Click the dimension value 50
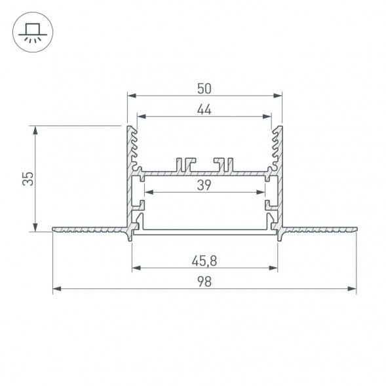click(204, 87)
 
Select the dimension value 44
click(204, 110)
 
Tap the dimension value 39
click(204, 185)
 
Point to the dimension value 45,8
click(204, 260)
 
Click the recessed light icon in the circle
click(31, 31)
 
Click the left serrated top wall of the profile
click(133, 144)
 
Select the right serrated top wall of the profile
click(276, 144)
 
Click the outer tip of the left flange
click(54, 229)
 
